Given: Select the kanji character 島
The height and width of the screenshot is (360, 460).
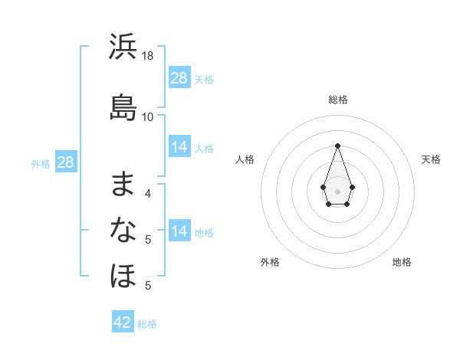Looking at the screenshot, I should [x=123, y=107].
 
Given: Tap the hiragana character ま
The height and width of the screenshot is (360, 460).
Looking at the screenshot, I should [x=123, y=184].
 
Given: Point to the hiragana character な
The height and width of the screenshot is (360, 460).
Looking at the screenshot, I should [x=123, y=229].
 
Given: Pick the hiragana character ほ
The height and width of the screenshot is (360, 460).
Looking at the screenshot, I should [x=123, y=275].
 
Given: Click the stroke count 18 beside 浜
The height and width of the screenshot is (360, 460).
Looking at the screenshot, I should [x=148, y=56].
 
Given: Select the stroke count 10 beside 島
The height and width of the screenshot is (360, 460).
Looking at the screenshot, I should [x=148, y=116].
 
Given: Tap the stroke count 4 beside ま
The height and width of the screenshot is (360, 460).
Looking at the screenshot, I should [x=148, y=193].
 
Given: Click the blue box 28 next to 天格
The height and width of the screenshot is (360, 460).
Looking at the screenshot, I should [x=179, y=78].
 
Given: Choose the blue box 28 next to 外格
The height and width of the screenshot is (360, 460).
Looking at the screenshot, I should [x=65, y=162].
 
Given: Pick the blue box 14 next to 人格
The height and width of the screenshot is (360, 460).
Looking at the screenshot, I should [x=179, y=147].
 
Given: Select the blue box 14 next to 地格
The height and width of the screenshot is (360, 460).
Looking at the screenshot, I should [x=179, y=231].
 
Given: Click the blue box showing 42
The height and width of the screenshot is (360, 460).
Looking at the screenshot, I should [x=123, y=322].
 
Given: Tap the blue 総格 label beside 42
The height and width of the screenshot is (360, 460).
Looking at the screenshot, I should [x=147, y=324].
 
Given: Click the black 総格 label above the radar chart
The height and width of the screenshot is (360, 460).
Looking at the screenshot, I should [x=338, y=100].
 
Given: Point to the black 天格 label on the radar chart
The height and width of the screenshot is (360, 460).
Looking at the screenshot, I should [x=431, y=159].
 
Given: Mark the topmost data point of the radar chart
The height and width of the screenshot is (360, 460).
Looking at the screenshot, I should [x=338, y=145].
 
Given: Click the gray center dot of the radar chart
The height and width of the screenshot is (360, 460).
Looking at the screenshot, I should [x=338, y=190].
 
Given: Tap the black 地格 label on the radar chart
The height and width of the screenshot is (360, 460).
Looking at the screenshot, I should [x=402, y=262].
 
